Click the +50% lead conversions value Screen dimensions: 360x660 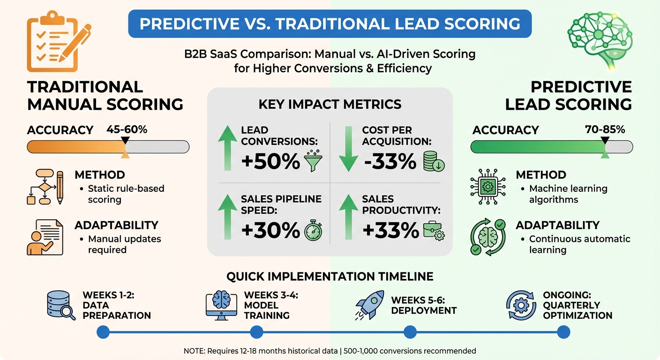point(271,161)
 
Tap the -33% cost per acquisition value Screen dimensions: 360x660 point(390,161)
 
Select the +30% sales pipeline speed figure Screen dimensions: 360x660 point(271,230)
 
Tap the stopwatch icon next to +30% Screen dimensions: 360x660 point(313,231)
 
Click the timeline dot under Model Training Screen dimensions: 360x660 point(256,332)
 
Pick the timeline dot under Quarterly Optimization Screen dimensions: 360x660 point(563,332)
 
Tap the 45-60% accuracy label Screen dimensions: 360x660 point(127,129)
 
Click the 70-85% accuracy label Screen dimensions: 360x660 point(605,129)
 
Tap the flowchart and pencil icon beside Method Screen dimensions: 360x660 point(45,187)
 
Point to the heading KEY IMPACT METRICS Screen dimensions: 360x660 point(330,104)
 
